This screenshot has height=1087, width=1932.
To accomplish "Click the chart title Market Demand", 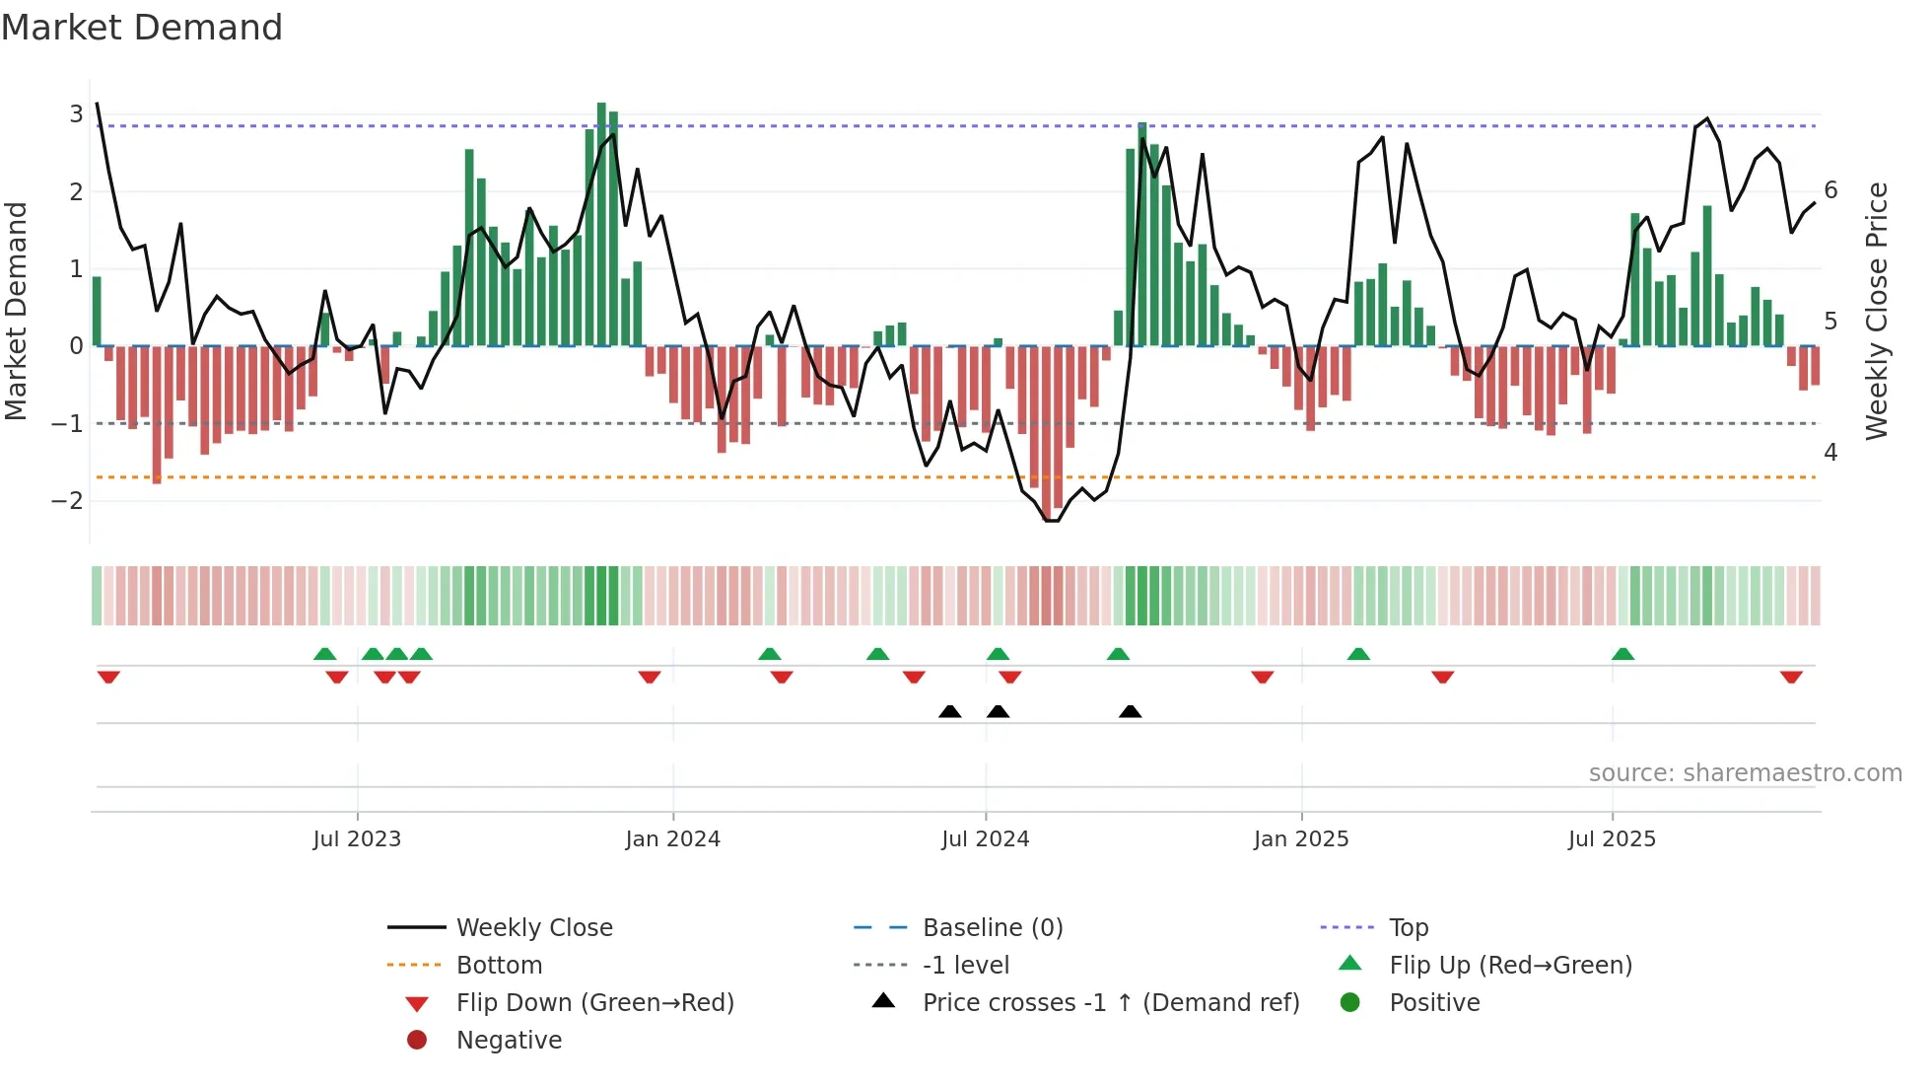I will (142, 28).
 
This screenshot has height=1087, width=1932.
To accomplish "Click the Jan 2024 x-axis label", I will (672, 839).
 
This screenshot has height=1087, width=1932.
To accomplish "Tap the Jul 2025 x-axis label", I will (1612, 839).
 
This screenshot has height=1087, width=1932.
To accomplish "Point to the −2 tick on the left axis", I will (68, 501).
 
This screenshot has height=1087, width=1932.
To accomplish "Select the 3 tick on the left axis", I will (76, 114).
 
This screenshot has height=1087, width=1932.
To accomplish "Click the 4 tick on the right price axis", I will (1830, 453).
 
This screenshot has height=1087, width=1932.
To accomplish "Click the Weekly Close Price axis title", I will (1877, 311).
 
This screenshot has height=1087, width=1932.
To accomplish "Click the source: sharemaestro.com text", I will (1745, 773).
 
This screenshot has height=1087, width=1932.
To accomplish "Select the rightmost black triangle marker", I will (1131, 712).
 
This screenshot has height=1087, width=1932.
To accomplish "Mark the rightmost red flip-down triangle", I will (1791, 677).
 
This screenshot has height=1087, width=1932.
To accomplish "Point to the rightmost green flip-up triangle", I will (1622, 654).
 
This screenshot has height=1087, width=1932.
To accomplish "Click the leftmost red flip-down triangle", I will (108, 677).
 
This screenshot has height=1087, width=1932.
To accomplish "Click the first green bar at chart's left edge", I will (97, 311).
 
